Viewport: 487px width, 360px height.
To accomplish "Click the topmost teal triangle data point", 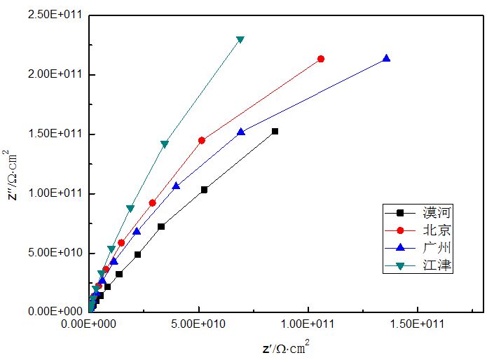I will (x=240, y=40).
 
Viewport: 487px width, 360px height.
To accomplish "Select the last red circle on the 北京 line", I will (x=321, y=59).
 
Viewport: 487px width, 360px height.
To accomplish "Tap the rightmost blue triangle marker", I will (x=386, y=59).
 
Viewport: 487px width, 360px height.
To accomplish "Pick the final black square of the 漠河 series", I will (x=275, y=131).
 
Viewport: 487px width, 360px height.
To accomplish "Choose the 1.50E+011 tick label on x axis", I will (x=418, y=324).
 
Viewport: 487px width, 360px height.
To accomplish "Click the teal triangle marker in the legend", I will (x=400, y=265).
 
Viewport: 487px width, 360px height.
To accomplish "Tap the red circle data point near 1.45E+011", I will (x=202, y=140).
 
